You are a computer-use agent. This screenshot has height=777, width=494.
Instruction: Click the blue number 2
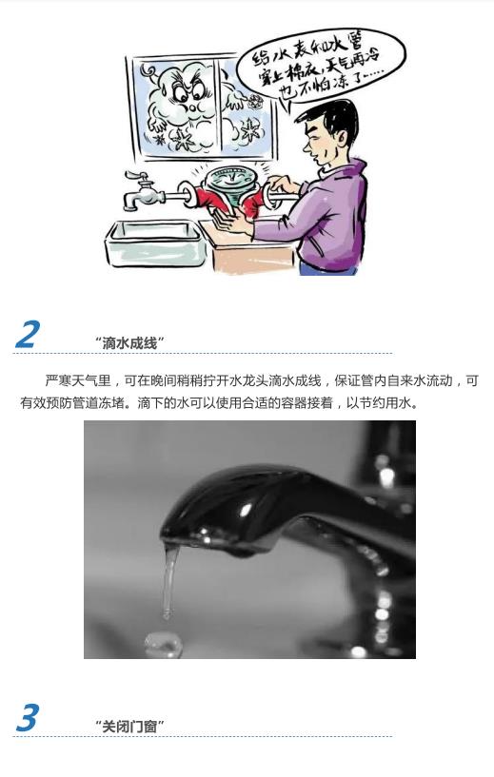29,335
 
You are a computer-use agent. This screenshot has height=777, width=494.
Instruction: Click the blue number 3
28,717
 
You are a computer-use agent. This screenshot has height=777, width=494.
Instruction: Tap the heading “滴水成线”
129,343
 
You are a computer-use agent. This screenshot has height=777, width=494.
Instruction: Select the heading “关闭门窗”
129,727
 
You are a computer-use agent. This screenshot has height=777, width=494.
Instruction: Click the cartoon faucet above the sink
144,191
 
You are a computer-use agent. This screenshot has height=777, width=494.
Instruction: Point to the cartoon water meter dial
229,179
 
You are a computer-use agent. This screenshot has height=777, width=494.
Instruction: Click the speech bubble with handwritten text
317,66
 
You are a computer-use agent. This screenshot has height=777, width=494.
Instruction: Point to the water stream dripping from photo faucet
169,581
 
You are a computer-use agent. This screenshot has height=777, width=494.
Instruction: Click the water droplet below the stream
163,643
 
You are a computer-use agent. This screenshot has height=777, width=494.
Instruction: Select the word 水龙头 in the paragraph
248,380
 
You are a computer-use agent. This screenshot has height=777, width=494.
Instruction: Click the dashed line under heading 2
203,354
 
